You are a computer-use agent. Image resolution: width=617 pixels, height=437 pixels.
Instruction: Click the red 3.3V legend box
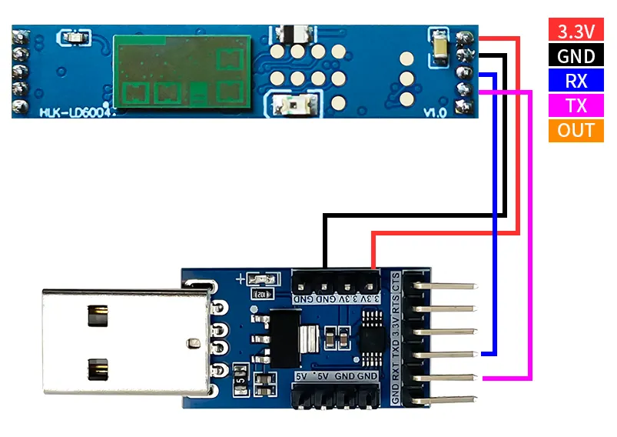coord(576,31)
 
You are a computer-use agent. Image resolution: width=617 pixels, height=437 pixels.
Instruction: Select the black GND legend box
coord(576,55)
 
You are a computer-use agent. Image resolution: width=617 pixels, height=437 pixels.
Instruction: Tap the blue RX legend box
coord(576,81)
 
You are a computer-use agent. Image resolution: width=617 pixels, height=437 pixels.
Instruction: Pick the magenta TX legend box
coord(576,105)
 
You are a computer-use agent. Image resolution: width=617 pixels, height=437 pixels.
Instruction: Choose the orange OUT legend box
coord(576,130)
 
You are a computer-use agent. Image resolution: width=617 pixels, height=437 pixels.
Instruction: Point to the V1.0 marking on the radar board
coord(436,112)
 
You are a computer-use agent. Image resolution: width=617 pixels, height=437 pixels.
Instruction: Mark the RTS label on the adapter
coord(396,307)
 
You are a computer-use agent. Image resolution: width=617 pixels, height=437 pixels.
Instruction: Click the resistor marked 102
coord(262,293)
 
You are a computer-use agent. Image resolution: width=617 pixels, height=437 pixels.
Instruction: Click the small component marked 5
coord(241,379)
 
